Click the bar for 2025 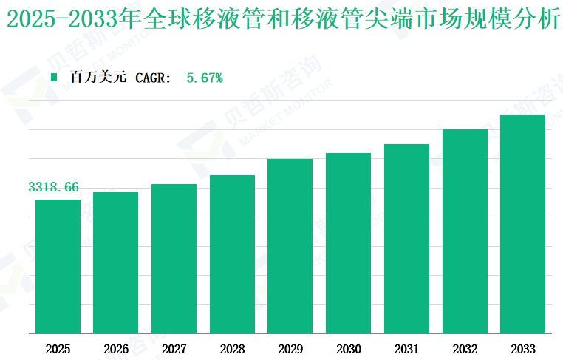tap(58, 266)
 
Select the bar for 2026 tap(115, 262)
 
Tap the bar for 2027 tap(174, 259)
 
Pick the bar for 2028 tap(232, 254)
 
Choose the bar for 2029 tap(290, 246)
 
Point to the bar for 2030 tap(348, 243)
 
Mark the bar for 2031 tap(406, 239)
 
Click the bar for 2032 tap(465, 231)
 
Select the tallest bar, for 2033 tap(522, 224)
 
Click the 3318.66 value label tap(53, 187)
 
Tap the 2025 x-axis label tap(58, 349)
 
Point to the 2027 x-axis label tap(174, 349)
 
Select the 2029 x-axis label tap(290, 349)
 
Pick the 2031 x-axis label tap(406, 349)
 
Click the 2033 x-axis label tap(522, 349)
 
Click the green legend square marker tap(54, 77)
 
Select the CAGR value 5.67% tap(205, 77)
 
